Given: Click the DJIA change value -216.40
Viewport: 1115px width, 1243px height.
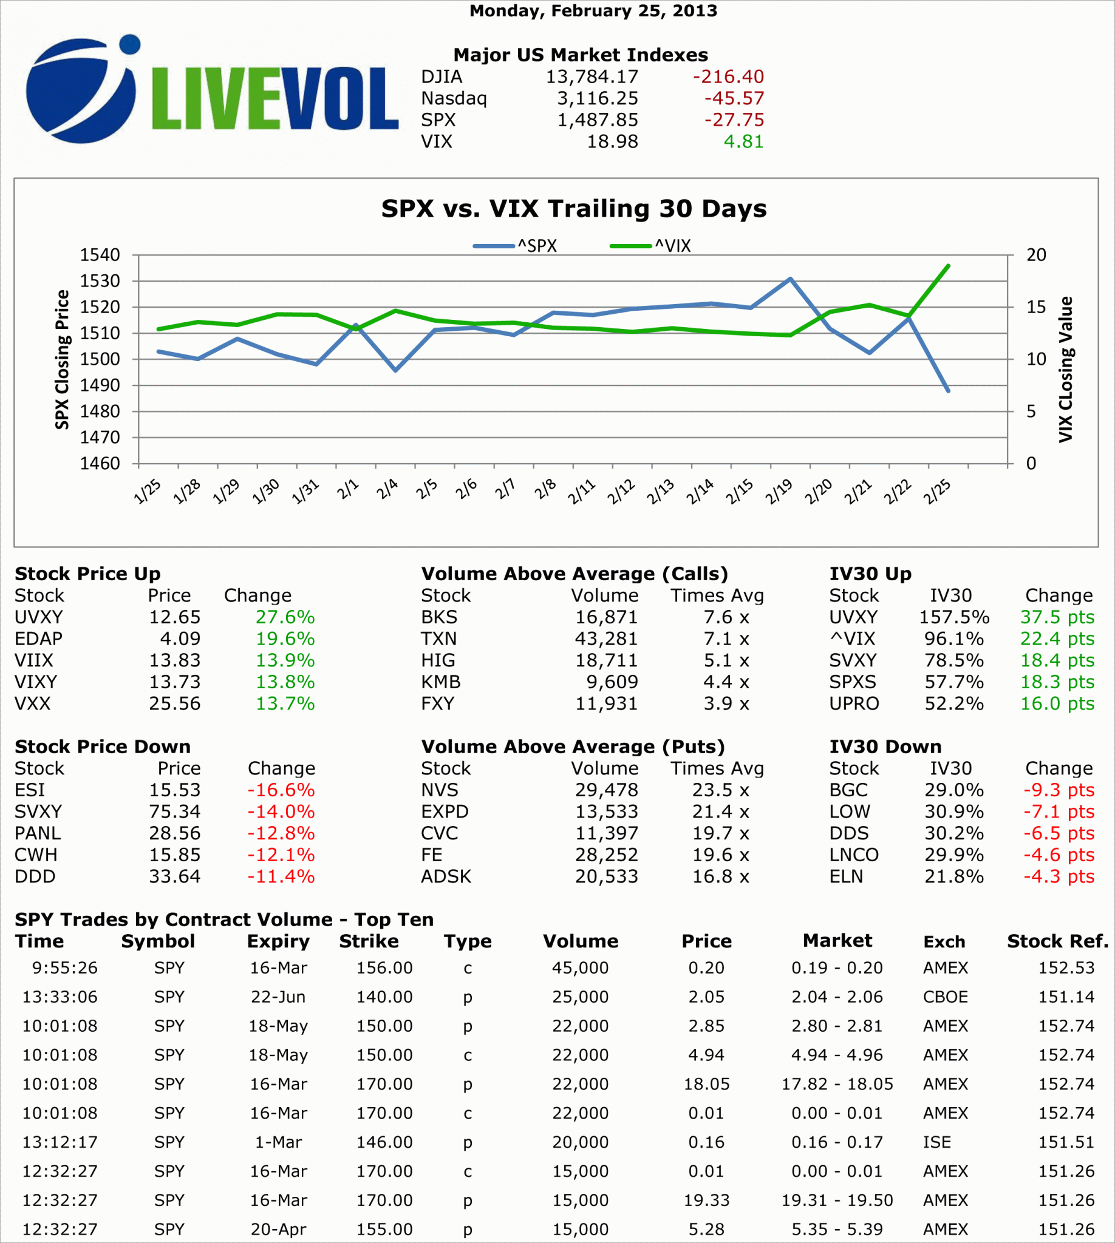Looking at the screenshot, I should pos(728,76).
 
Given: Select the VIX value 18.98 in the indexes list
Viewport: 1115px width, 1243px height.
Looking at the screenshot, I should pos(612,141).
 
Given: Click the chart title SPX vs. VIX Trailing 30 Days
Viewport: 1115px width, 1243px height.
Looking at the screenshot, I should pos(573,209).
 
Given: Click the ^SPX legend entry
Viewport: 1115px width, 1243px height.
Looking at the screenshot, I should pos(515,246).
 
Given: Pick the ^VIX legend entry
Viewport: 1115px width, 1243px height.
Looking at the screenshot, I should pos(650,246).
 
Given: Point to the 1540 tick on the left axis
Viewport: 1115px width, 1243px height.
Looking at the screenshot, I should pos(99,255).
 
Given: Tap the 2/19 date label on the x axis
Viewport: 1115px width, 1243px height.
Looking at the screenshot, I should pos(779,492).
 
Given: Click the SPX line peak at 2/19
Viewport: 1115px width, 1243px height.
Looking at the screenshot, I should pos(790,279).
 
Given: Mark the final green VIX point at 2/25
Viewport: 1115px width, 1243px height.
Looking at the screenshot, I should pos(948,266).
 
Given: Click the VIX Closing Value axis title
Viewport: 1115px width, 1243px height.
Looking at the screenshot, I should pos(1066,369).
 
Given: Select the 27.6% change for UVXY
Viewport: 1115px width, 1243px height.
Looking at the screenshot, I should pos(285,617).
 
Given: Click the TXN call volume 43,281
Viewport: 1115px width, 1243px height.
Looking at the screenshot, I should pos(606,638).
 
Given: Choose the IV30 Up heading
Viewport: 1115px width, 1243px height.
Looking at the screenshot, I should pos(870,574).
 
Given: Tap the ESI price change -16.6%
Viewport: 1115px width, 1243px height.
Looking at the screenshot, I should pos(281,790).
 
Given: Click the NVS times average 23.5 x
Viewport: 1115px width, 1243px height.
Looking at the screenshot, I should pos(720,790).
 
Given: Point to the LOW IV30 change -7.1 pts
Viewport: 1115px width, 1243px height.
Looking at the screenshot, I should pos(1059,811).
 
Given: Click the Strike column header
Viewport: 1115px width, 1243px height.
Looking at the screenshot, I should pos(369,941).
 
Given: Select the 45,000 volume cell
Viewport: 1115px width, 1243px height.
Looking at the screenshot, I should pos(580,968).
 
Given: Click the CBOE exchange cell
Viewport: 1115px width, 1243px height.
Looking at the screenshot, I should pos(946,997).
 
